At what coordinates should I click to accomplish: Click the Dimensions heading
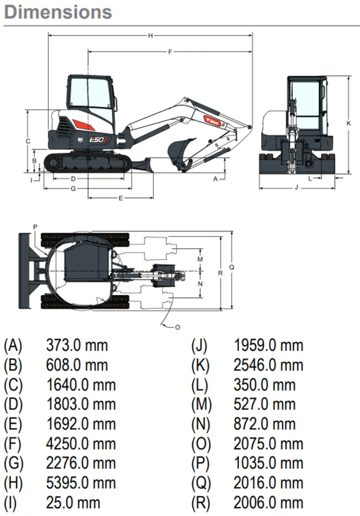click(58, 12)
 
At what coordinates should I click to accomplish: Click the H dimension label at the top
click(150, 36)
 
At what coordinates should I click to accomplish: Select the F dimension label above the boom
click(170, 52)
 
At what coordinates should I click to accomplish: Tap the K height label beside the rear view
click(348, 123)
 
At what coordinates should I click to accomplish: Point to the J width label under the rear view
click(296, 187)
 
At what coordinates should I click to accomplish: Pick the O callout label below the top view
click(177, 327)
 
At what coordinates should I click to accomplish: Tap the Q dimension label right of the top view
click(231, 267)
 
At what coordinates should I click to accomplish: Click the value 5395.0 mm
click(80, 483)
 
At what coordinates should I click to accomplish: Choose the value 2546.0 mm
click(268, 365)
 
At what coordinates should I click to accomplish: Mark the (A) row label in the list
click(12, 345)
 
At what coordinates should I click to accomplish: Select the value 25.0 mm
click(73, 503)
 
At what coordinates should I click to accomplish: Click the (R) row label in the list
click(201, 503)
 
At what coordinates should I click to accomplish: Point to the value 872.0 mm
click(265, 424)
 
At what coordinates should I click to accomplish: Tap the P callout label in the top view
click(35, 227)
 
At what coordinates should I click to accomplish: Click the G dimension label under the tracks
click(73, 188)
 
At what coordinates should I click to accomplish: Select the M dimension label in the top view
click(200, 259)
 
